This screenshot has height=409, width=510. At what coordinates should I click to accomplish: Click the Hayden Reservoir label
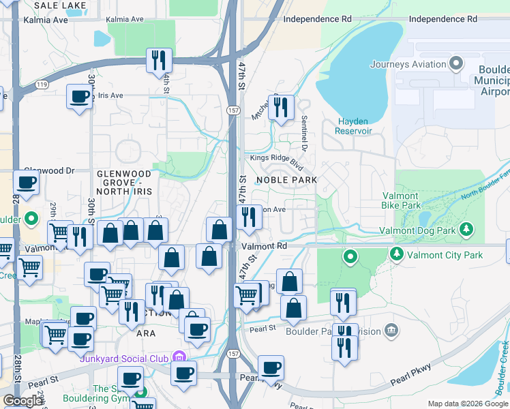tap(355, 126)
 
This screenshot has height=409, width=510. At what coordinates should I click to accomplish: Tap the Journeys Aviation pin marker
tap(456, 65)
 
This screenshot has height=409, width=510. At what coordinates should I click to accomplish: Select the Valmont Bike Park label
tap(410, 200)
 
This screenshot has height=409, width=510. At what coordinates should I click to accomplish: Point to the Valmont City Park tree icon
tap(396, 254)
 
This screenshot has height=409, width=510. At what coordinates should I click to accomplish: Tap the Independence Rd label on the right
tap(442, 19)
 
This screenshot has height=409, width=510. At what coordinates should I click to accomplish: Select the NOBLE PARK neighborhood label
tap(286, 180)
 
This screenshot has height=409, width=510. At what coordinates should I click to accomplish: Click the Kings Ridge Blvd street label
tap(276, 160)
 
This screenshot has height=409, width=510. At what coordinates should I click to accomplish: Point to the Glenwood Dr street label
tap(49, 170)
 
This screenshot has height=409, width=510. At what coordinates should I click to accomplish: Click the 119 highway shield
tap(42, 85)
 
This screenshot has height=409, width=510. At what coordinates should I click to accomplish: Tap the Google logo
tap(22, 401)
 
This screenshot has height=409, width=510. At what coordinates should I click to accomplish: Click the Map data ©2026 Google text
tap(467, 404)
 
